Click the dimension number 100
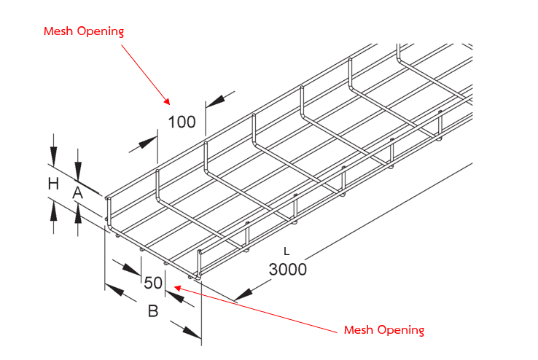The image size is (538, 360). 182,122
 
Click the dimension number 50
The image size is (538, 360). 153,283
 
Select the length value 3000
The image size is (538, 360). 287,269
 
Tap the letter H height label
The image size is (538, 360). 52,184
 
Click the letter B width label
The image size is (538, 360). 153,311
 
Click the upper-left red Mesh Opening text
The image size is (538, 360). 84,31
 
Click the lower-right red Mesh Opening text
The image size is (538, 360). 383,330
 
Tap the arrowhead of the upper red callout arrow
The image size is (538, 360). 167,100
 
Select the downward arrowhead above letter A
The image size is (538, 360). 77,173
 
